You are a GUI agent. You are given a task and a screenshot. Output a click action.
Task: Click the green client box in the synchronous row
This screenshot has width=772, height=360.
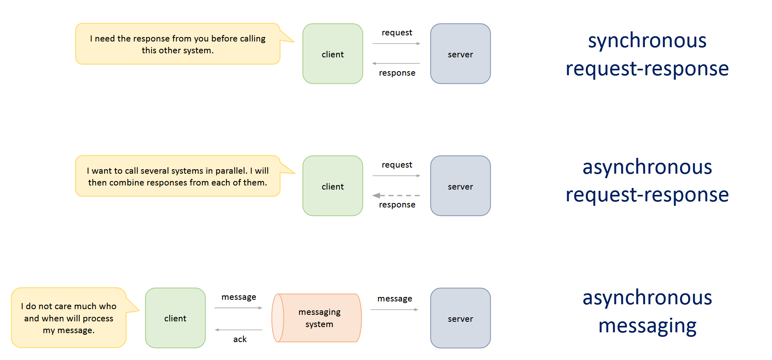[x=333, y=54]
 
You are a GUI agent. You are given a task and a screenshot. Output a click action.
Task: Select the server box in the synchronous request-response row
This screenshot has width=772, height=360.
[x=460, y=54]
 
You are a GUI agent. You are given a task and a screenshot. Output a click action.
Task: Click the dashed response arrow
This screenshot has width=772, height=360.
[x=396, y=196]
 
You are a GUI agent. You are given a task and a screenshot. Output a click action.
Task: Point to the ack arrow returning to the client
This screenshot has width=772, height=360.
[x=239, y=330]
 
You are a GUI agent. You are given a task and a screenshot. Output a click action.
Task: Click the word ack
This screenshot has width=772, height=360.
[x=240, y=339]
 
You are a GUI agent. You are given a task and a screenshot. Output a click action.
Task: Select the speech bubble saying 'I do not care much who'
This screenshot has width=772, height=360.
[x=69, y=318]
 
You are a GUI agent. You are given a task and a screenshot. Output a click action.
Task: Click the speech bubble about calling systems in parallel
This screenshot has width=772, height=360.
[x=178, y=176]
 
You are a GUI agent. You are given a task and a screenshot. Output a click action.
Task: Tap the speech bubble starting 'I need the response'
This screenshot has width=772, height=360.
[x=178, y=44]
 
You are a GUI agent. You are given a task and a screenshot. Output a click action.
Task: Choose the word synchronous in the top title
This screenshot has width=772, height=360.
[x=647, y=40]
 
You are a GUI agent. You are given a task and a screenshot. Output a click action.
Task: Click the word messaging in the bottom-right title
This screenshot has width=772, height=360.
[x=647, y=326]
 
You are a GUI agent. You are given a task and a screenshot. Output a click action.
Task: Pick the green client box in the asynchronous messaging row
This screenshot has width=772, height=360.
[x=175, y=318]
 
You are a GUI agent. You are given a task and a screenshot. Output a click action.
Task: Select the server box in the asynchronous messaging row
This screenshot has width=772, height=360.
[x=460, y=318]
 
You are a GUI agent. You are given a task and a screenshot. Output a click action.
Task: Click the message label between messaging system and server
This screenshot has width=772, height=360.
[x=395, y=299]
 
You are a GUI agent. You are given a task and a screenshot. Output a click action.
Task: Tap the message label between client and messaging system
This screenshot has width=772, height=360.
[x=239, y=297]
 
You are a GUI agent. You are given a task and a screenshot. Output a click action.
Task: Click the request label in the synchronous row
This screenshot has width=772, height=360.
[x=397, y=33]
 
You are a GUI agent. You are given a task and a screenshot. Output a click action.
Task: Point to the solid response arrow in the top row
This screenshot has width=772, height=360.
[x=396, y=63]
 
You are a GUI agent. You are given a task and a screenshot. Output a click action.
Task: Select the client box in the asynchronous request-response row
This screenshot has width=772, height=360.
[x=333, y=186]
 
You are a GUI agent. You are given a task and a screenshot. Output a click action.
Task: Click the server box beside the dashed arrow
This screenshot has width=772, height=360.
[x=460, y=186]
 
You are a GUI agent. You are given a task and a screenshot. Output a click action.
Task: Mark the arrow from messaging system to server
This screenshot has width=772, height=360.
[x=394, y=310]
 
